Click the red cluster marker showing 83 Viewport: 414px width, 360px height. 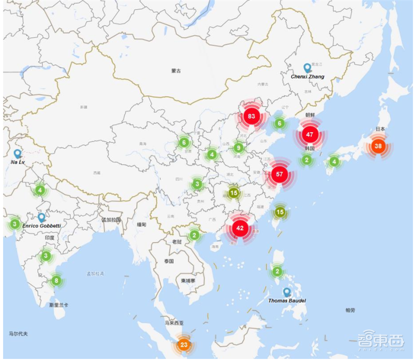(252, 116)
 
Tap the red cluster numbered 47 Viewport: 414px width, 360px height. (309, 135)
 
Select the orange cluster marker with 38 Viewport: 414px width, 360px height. (378, 146)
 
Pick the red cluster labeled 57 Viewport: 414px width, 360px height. (279, 174)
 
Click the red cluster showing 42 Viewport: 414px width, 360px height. (240, 227)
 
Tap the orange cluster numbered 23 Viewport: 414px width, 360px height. (183, 344)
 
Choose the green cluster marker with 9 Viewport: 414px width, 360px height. (238, 148)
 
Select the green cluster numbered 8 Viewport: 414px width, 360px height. (56, 281)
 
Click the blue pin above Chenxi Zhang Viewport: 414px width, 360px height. (307, 68)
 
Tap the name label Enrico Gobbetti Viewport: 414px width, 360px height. (42, 227)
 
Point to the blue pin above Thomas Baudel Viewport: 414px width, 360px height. (287, 292)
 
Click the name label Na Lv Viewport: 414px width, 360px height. (18, 162)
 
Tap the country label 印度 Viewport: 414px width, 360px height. (50, 237)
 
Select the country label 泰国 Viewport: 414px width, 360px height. (170, 261)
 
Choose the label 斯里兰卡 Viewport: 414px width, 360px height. (58, 305)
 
